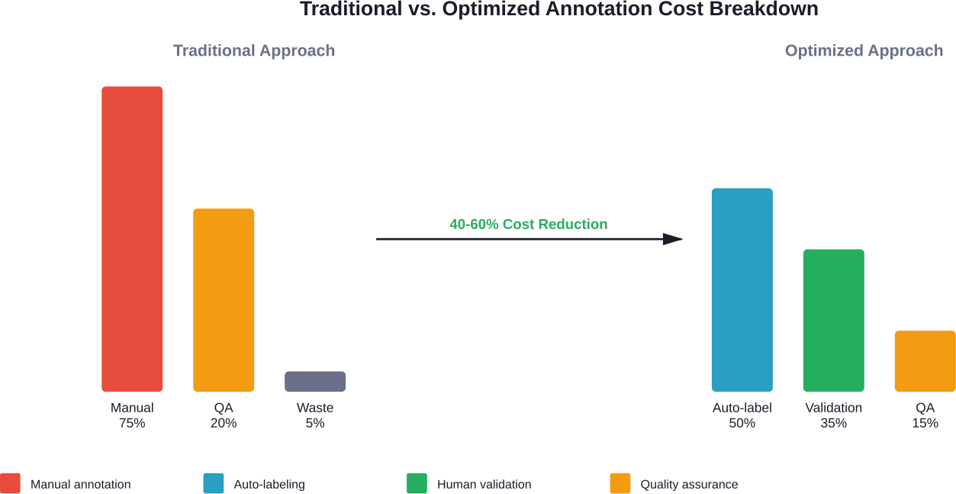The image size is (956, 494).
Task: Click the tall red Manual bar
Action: pyautogui.click(x=131, y=239)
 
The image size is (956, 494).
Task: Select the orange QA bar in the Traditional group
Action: pyautogui.click(x=223, y=300)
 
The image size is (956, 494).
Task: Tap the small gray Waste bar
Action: pyautogui.click(x=314, y=381)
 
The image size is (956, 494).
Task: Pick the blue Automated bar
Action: pyautogui.click(x=742, y=289)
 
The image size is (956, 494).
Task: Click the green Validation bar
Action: pyautogui.click(x=833, y=320)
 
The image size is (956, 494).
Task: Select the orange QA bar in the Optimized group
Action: pyautogui.click(x=924, y=361)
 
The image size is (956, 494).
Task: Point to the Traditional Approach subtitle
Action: pyautogui.click(x=253, y=52)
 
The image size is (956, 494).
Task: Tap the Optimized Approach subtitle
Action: pyautogui.click(x=864, y=52)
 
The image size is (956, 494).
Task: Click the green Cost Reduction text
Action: pyautogui.click(x=530, y=224)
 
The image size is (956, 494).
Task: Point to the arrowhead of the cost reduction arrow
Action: pyautogui.click(x=674, y=240)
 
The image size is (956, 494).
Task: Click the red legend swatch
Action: pyautogui.click(x=11, y=483)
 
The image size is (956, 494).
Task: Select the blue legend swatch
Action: pyautogui.click(x=214, y=483)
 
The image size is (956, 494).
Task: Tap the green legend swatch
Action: pyautogui.click(x=416, y=483)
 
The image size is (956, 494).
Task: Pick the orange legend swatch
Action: pyautogui.click(x=619, y=483)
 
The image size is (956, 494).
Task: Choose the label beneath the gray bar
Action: pyautogui.click(x=314, y=414)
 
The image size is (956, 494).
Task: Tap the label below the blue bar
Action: pyautogui.click(x=742, y=414)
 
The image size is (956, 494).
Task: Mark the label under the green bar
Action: pyautogui.click(x=832, y=414)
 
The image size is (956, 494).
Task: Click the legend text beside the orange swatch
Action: pyautogui.click(x=689, y=483)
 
